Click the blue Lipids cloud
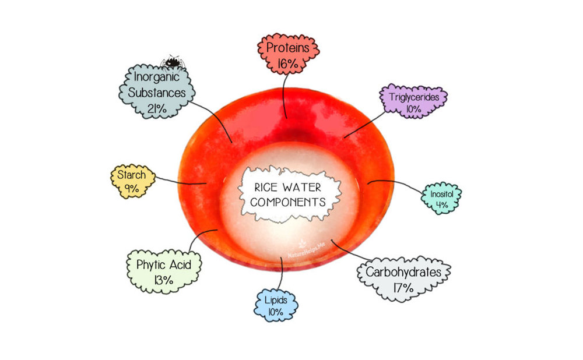pyautogui.click(x=276, y=305)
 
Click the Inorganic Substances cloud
pyautogui.click(x=156, y=92)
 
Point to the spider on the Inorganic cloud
pyautogui.click(x=173, y=61)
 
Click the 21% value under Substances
pyautogui.click(x=156, y=108)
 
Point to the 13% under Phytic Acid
pyautogui.click(x=164, y=280)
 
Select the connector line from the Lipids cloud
pyautogui.click(x=283, y=274)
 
